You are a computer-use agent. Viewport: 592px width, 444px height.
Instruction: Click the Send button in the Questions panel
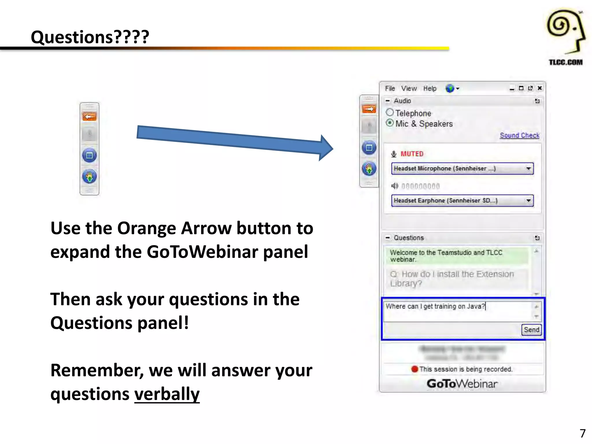[531, 330]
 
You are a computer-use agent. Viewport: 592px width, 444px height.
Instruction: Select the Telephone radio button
[390, 112]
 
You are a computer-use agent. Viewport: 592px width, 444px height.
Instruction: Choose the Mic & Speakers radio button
[390, 123]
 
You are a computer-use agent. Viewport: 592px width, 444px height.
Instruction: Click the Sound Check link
[519, 136]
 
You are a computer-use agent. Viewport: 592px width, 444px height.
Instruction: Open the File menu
[390, 88]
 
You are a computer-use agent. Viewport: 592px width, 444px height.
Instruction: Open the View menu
[409, 88]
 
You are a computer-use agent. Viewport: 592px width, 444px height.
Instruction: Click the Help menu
[430, 88]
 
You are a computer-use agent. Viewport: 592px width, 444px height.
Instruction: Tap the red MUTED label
[412, 154]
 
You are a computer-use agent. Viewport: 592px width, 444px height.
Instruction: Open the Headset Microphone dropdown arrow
[528, 169]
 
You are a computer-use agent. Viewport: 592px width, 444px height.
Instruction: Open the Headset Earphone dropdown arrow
[528, 201]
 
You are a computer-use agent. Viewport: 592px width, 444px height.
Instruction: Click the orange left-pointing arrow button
[89, 116]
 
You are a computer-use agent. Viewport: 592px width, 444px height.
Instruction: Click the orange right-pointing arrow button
[369, 109]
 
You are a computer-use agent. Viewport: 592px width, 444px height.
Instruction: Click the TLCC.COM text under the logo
[565, 62]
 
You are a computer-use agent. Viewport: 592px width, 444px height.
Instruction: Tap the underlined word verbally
[167, 394]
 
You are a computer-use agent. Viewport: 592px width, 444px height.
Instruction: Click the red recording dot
[415, 369]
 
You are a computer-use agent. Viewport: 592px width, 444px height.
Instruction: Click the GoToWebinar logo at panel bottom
[462, 384]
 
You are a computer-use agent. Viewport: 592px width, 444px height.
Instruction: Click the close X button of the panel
[539, 88]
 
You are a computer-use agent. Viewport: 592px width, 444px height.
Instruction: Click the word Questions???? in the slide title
[90, 37]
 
